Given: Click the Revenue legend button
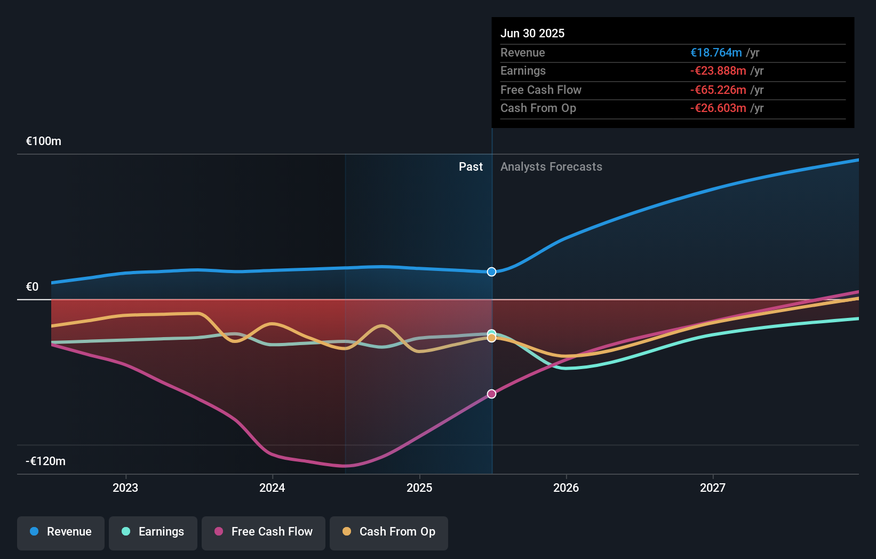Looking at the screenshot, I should point(61,532).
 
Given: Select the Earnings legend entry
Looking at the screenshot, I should point(153,532).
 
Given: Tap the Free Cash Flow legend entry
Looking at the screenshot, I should point(264,532).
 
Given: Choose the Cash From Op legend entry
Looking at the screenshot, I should point(389,532).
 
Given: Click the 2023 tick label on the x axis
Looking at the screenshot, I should point(125,488).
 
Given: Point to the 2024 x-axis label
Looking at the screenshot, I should point(272,488).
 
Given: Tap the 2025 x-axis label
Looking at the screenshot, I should point(419,488).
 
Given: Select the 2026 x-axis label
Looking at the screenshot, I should point(566,488).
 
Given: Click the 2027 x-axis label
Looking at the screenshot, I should point(713,488).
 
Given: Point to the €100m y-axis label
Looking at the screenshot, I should point(44,141).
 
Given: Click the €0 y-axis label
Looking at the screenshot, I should point(33,287).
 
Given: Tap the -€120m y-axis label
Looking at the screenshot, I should point(45,461).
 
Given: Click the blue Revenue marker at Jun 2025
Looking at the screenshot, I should point(491,272).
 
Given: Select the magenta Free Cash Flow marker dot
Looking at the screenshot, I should point(491,394).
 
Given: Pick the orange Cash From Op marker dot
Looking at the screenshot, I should point(491,338).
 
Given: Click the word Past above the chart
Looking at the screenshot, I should point(471,167).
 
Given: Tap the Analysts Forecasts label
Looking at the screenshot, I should point(551,167).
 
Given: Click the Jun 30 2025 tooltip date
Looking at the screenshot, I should point(532,33).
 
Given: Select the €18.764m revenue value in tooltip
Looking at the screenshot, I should point(716,53).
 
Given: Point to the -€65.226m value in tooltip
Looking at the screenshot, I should point(718,90).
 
